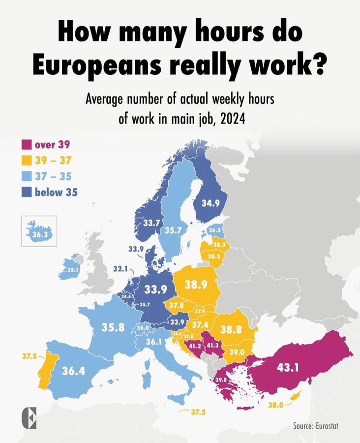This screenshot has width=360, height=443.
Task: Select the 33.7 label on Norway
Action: tap(151, 223)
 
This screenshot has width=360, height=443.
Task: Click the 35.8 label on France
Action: tap(113, 327)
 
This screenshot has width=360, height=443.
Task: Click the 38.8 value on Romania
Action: tap(230, 329)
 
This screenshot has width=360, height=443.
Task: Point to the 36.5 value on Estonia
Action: tap(214, 230)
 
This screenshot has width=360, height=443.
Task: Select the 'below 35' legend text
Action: tap(56, 192)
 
